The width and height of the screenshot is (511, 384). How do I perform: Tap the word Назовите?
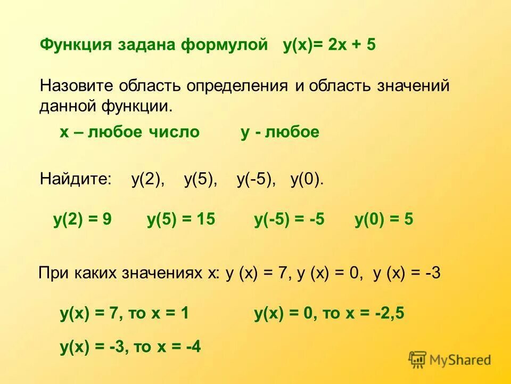pos(76,86)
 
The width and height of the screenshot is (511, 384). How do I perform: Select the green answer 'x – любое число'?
pos(129,132)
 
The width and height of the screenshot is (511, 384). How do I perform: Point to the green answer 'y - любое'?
pos(280,132)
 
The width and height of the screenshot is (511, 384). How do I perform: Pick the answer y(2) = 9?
pos(83,220)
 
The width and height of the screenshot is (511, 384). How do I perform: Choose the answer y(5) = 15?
pos(181,220)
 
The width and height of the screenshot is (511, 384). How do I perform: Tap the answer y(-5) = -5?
pos(289,220)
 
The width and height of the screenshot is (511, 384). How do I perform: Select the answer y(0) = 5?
pos(384,220)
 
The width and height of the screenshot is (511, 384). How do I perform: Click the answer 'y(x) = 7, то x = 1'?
pos(124,314)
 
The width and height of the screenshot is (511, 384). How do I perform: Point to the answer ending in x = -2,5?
pos(329,314)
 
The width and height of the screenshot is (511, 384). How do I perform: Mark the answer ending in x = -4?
pos(130,347)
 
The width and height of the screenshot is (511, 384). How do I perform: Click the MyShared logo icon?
pos(418,359)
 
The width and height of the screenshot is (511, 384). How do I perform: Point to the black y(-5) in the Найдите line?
pos(256,180)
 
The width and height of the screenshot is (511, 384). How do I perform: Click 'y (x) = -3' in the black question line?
pos(407,274)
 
